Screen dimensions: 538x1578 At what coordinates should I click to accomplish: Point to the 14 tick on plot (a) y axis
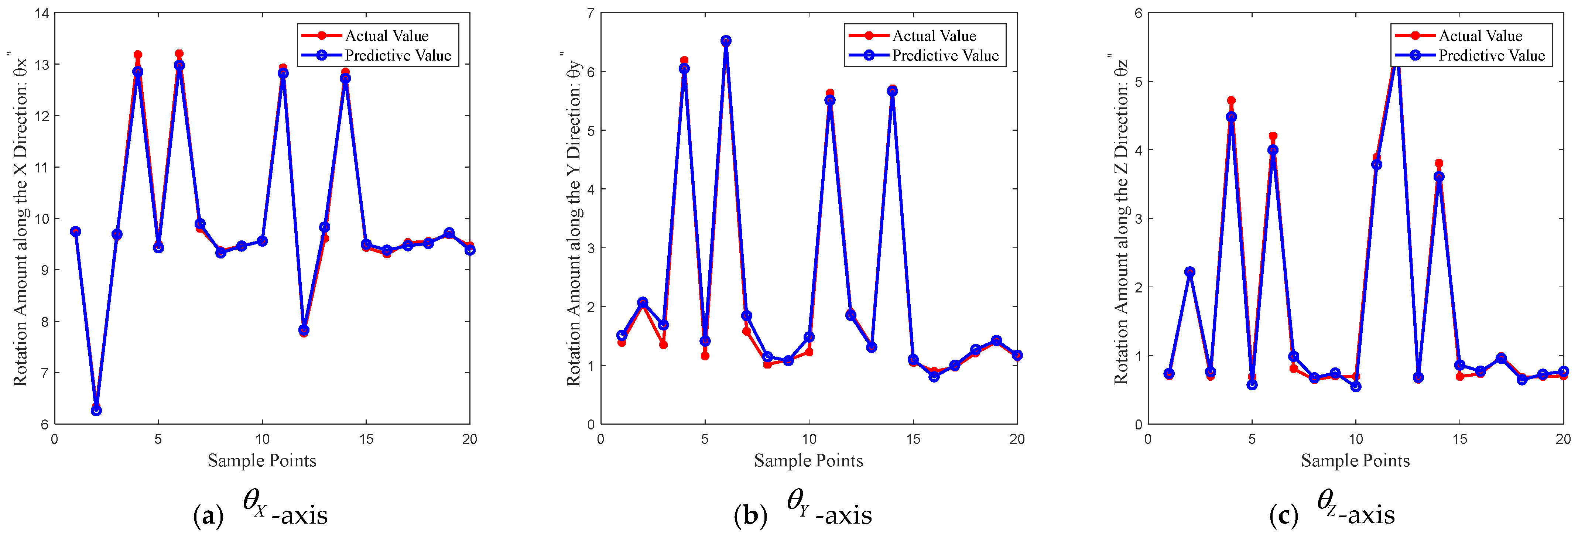(x=42, y=14)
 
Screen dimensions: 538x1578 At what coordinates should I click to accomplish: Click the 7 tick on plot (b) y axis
(x=590, y=14)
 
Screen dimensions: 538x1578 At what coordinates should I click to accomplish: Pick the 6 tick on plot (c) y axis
(x=1137, y=14)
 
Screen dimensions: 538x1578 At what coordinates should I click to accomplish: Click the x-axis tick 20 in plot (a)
(x=469, y=439)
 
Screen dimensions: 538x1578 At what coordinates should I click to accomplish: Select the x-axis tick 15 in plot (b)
(x=913, y=439)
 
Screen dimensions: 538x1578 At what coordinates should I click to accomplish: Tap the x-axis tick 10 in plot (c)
(x=1356, y=439)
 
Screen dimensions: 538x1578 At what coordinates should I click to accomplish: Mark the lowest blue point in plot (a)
(x=96, y=411)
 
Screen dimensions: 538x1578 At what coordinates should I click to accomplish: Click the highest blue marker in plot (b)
(x=726, y=41)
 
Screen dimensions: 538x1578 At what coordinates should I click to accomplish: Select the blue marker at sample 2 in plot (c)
(x=1190, y=272)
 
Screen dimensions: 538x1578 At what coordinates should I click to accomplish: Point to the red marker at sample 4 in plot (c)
(x=1231, y=100)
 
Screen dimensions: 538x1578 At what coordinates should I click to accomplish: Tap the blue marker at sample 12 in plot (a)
(x=304, y=330)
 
